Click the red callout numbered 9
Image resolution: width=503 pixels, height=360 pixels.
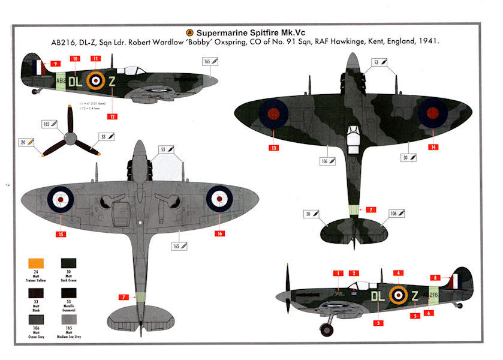pos(55,63)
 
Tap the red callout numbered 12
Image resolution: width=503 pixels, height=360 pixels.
pos(112,116)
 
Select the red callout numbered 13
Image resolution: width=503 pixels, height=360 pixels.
pos(274,147)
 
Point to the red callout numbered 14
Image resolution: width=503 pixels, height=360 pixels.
pos(433,147)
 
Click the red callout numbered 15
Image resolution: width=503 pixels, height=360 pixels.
pos(61,233)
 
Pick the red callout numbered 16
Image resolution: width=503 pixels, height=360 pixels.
pos(220,233)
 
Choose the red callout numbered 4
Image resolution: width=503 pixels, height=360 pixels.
pos(397,274)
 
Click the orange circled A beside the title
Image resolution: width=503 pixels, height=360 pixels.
pos(191,32)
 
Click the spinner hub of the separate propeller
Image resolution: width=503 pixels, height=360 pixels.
pos(71,139)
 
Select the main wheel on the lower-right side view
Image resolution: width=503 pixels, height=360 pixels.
pos(327,328)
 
